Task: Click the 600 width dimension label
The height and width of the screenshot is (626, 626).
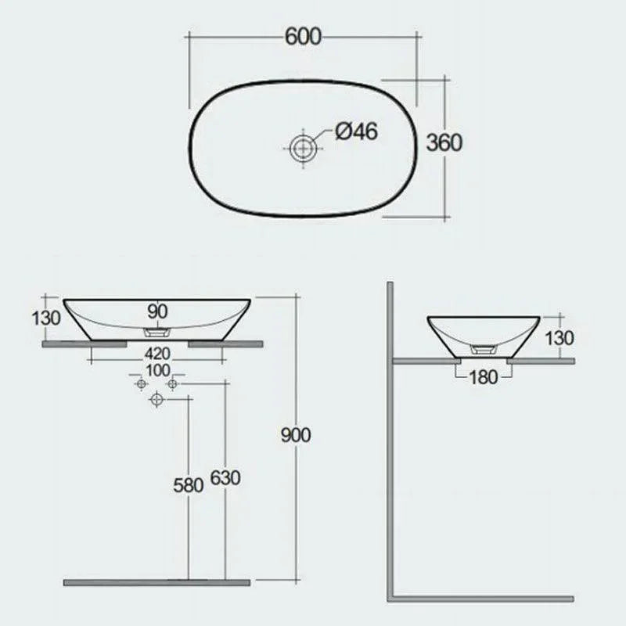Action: [302, 37]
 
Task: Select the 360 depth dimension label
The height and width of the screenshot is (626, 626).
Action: [444, 142]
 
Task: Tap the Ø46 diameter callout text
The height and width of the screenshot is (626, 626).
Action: [356, 131]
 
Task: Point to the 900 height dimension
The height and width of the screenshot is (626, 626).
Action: [296, 435]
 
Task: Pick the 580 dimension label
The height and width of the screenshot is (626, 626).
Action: [188, 484]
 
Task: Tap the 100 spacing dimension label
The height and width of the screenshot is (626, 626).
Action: [157, 369]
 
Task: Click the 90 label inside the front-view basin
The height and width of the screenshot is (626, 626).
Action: [157, 311]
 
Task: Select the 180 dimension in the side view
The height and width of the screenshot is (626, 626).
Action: [484, 377]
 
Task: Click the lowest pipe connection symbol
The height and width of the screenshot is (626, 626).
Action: [156, 400]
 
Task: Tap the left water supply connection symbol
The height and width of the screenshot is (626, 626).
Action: [142, 384]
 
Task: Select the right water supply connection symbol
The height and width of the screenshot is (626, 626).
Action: [172, 384]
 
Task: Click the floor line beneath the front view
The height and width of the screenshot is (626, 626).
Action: [156, 582]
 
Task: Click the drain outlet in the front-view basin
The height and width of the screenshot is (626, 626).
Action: [157, 332]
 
